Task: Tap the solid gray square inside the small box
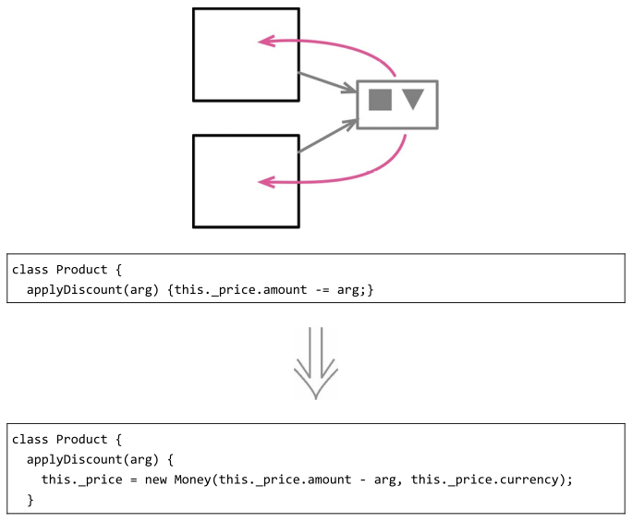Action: (x=380, y=100)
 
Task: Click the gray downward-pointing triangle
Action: (x=413, y=99)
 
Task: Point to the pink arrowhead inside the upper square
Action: (x=266, y=41)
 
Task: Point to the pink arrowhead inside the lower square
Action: (x=266, y=182)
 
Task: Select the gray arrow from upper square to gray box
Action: (x=328, y=82)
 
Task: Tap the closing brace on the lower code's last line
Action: (x=30, y=500)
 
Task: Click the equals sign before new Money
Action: (x=123, y=480)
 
